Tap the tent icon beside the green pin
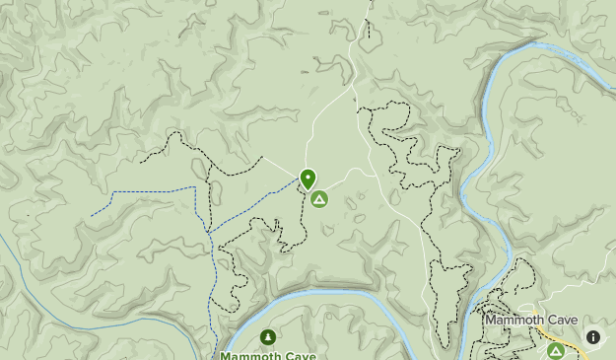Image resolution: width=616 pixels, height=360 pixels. (318, 199)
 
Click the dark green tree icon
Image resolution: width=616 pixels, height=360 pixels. (268, 338)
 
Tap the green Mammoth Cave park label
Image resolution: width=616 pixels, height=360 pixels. (260, 355)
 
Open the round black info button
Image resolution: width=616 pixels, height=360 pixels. (593, 337)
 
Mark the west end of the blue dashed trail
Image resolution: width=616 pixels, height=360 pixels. (93, 215)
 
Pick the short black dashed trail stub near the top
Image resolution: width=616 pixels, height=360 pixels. (369, 25)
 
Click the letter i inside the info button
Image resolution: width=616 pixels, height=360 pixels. (593, 337)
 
